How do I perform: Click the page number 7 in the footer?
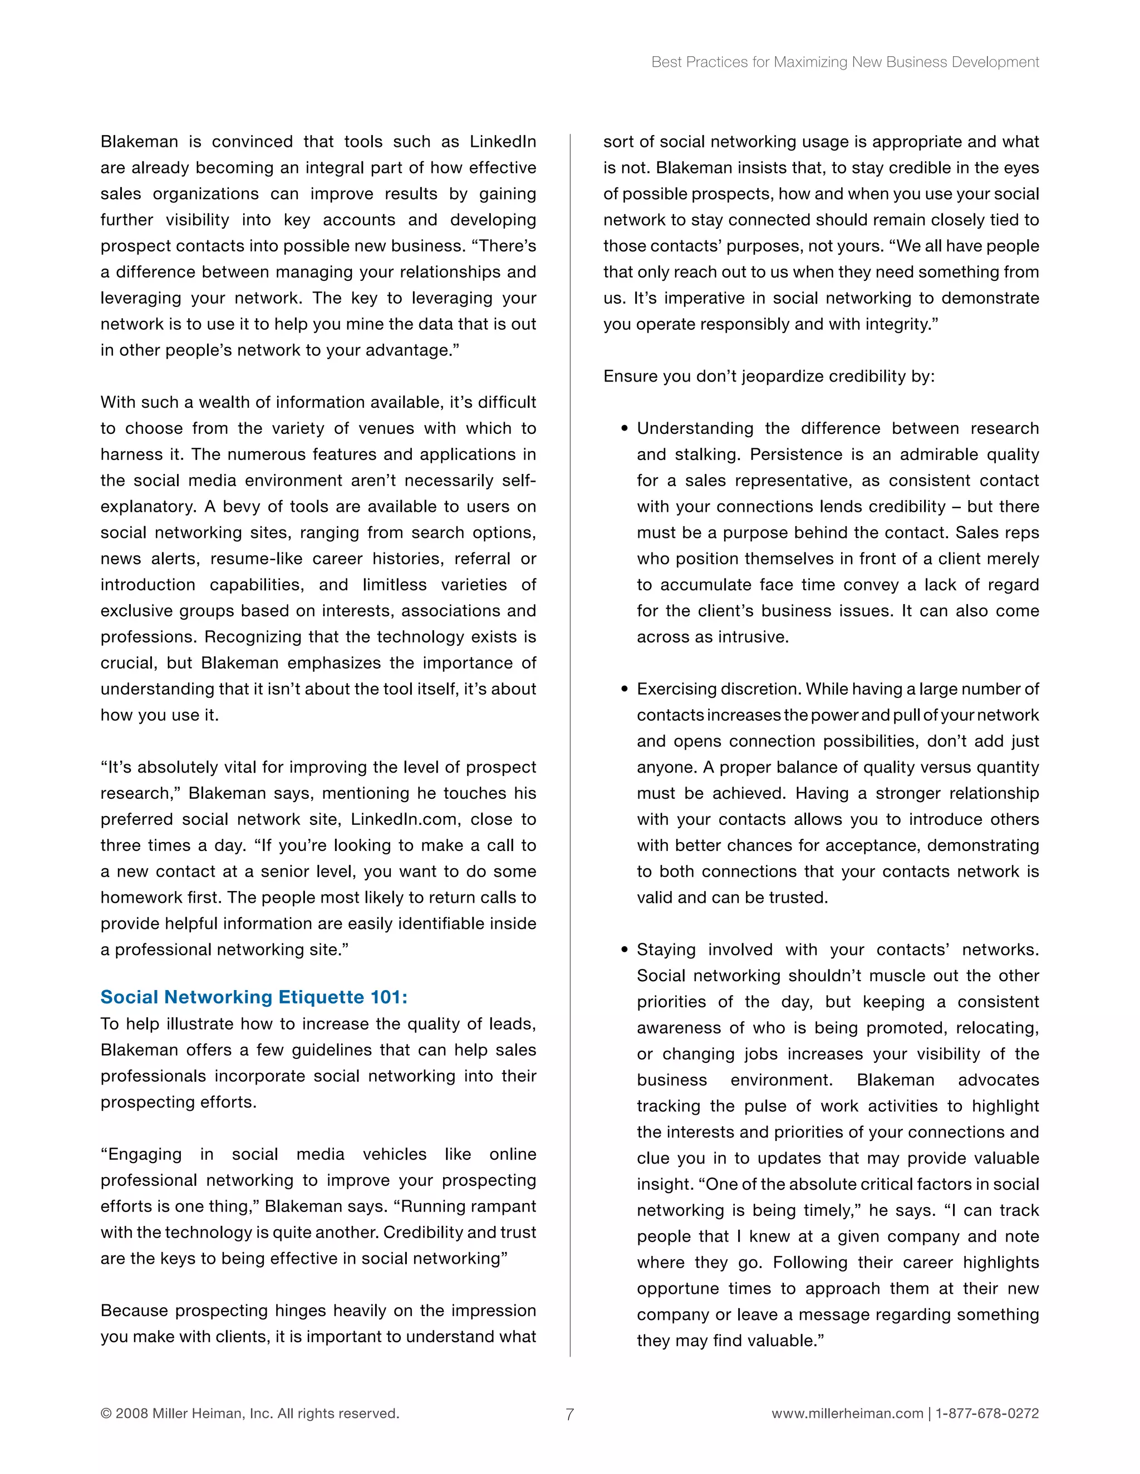569,1414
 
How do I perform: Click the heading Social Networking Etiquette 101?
254,997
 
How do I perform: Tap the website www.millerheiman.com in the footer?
847,1413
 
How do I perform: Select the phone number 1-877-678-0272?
987,1413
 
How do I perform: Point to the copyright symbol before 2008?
106,1413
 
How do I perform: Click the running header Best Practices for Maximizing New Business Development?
845,62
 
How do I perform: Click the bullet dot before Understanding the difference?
625,428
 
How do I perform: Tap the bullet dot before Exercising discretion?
625,689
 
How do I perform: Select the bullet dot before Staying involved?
625,949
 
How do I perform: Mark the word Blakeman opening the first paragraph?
140,142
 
